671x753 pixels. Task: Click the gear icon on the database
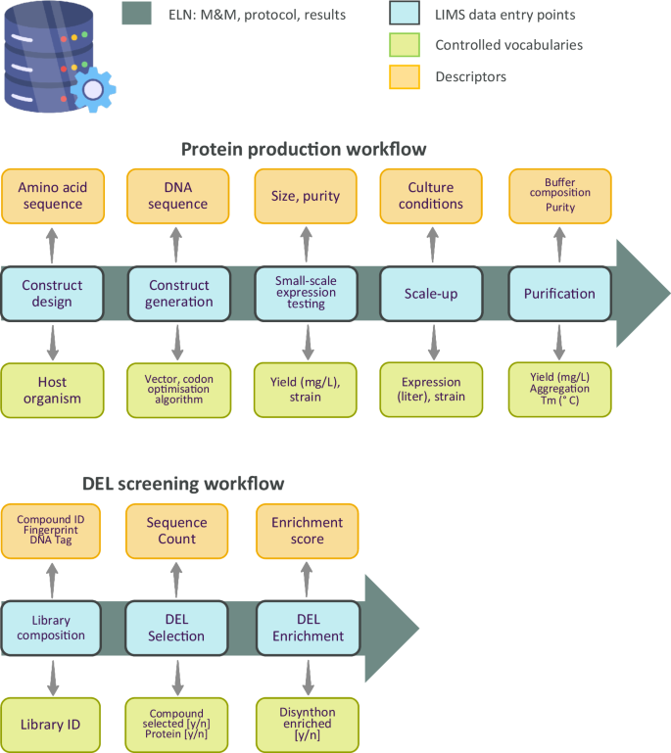click(x=93, y=89)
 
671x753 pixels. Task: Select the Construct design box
click(x=52, y=293)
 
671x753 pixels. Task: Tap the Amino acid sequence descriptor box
click(x=52, y=196)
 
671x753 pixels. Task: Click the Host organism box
click(x=52, y=390)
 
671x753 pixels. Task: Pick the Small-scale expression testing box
click(x=306, y=293)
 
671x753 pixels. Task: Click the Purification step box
click(x=559, y=293)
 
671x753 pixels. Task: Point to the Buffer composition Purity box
click(x=559, y=196)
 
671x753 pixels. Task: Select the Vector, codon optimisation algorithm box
click(x=178, y=390)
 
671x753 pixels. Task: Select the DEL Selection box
click(x=178, y=628)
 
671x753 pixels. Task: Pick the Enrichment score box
click(x=307, y=531)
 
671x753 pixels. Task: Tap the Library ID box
click(x=51, y=725)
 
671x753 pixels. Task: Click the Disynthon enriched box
click(x=307, y=725)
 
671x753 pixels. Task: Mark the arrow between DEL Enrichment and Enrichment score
click(x=307, y=579)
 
